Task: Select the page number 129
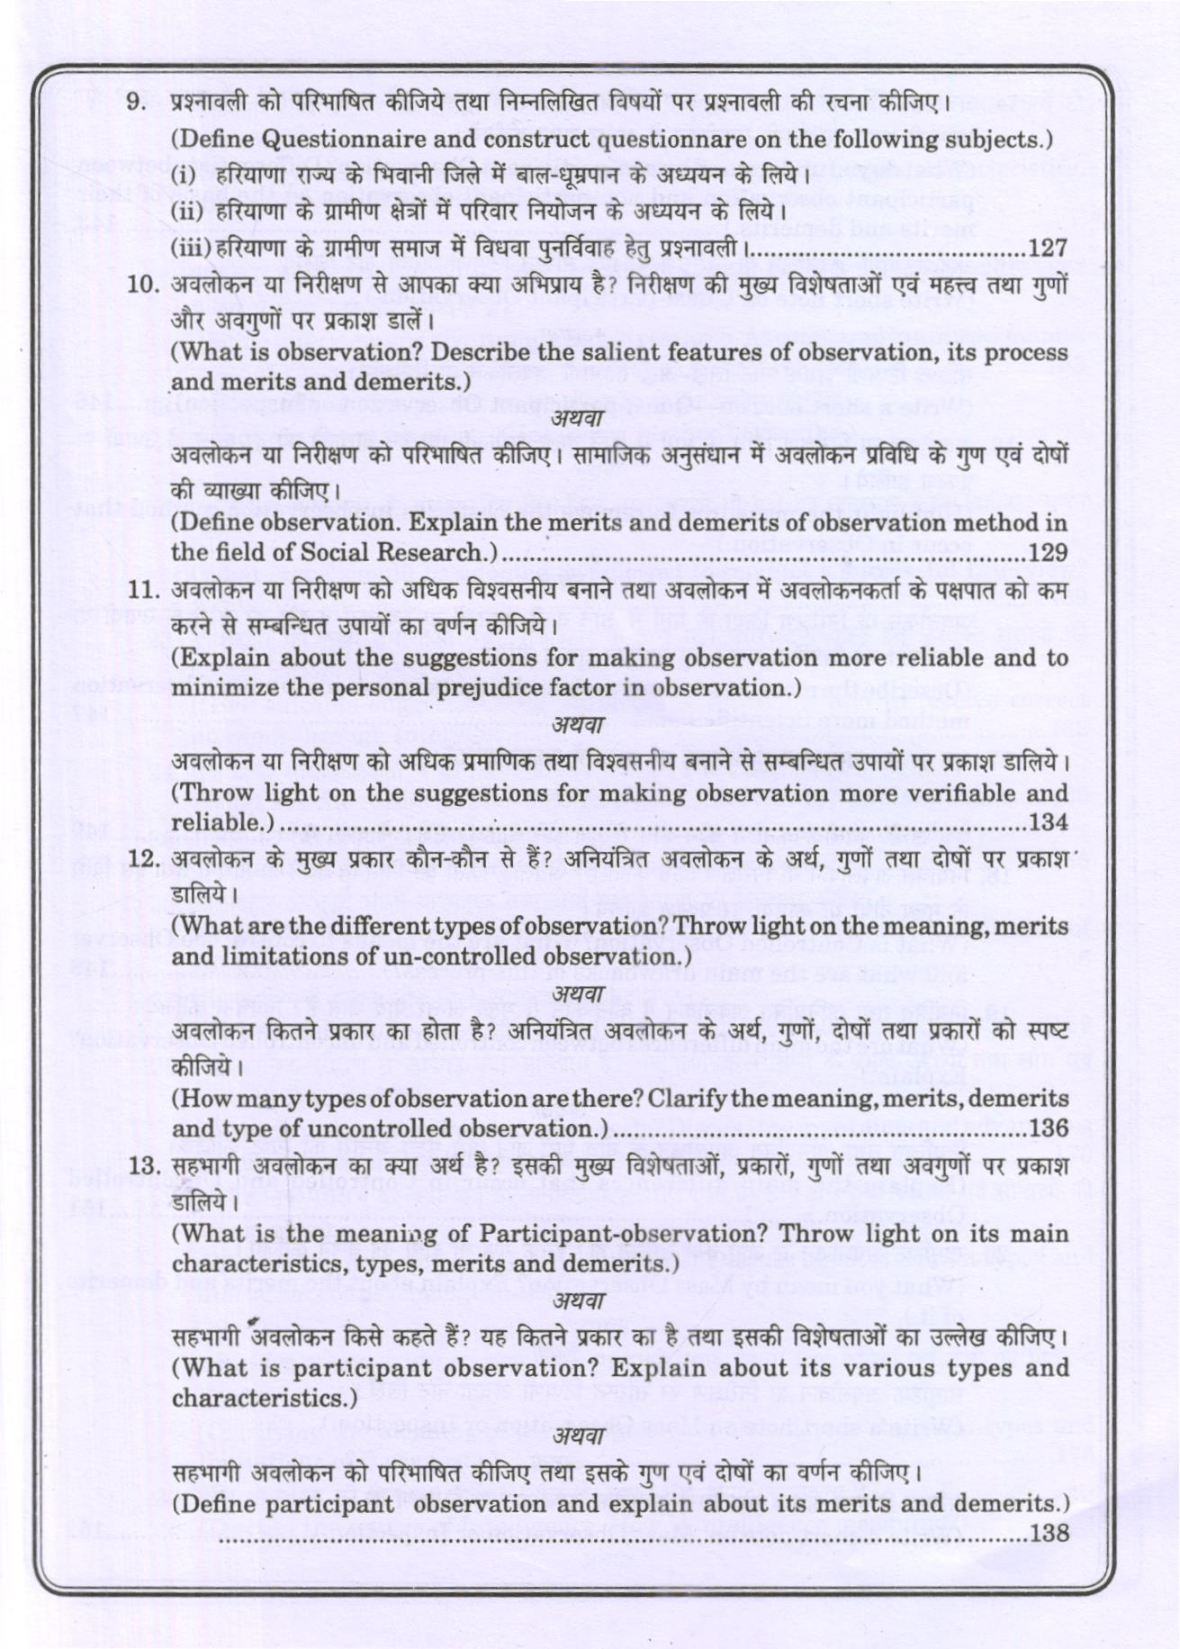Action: [1047, 552]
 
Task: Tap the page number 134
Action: [1047, 822]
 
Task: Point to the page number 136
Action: [1047, 1128]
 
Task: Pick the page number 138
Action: [1047, 1532]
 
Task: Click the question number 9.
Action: [137, 102]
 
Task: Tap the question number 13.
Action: [142, 1164]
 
